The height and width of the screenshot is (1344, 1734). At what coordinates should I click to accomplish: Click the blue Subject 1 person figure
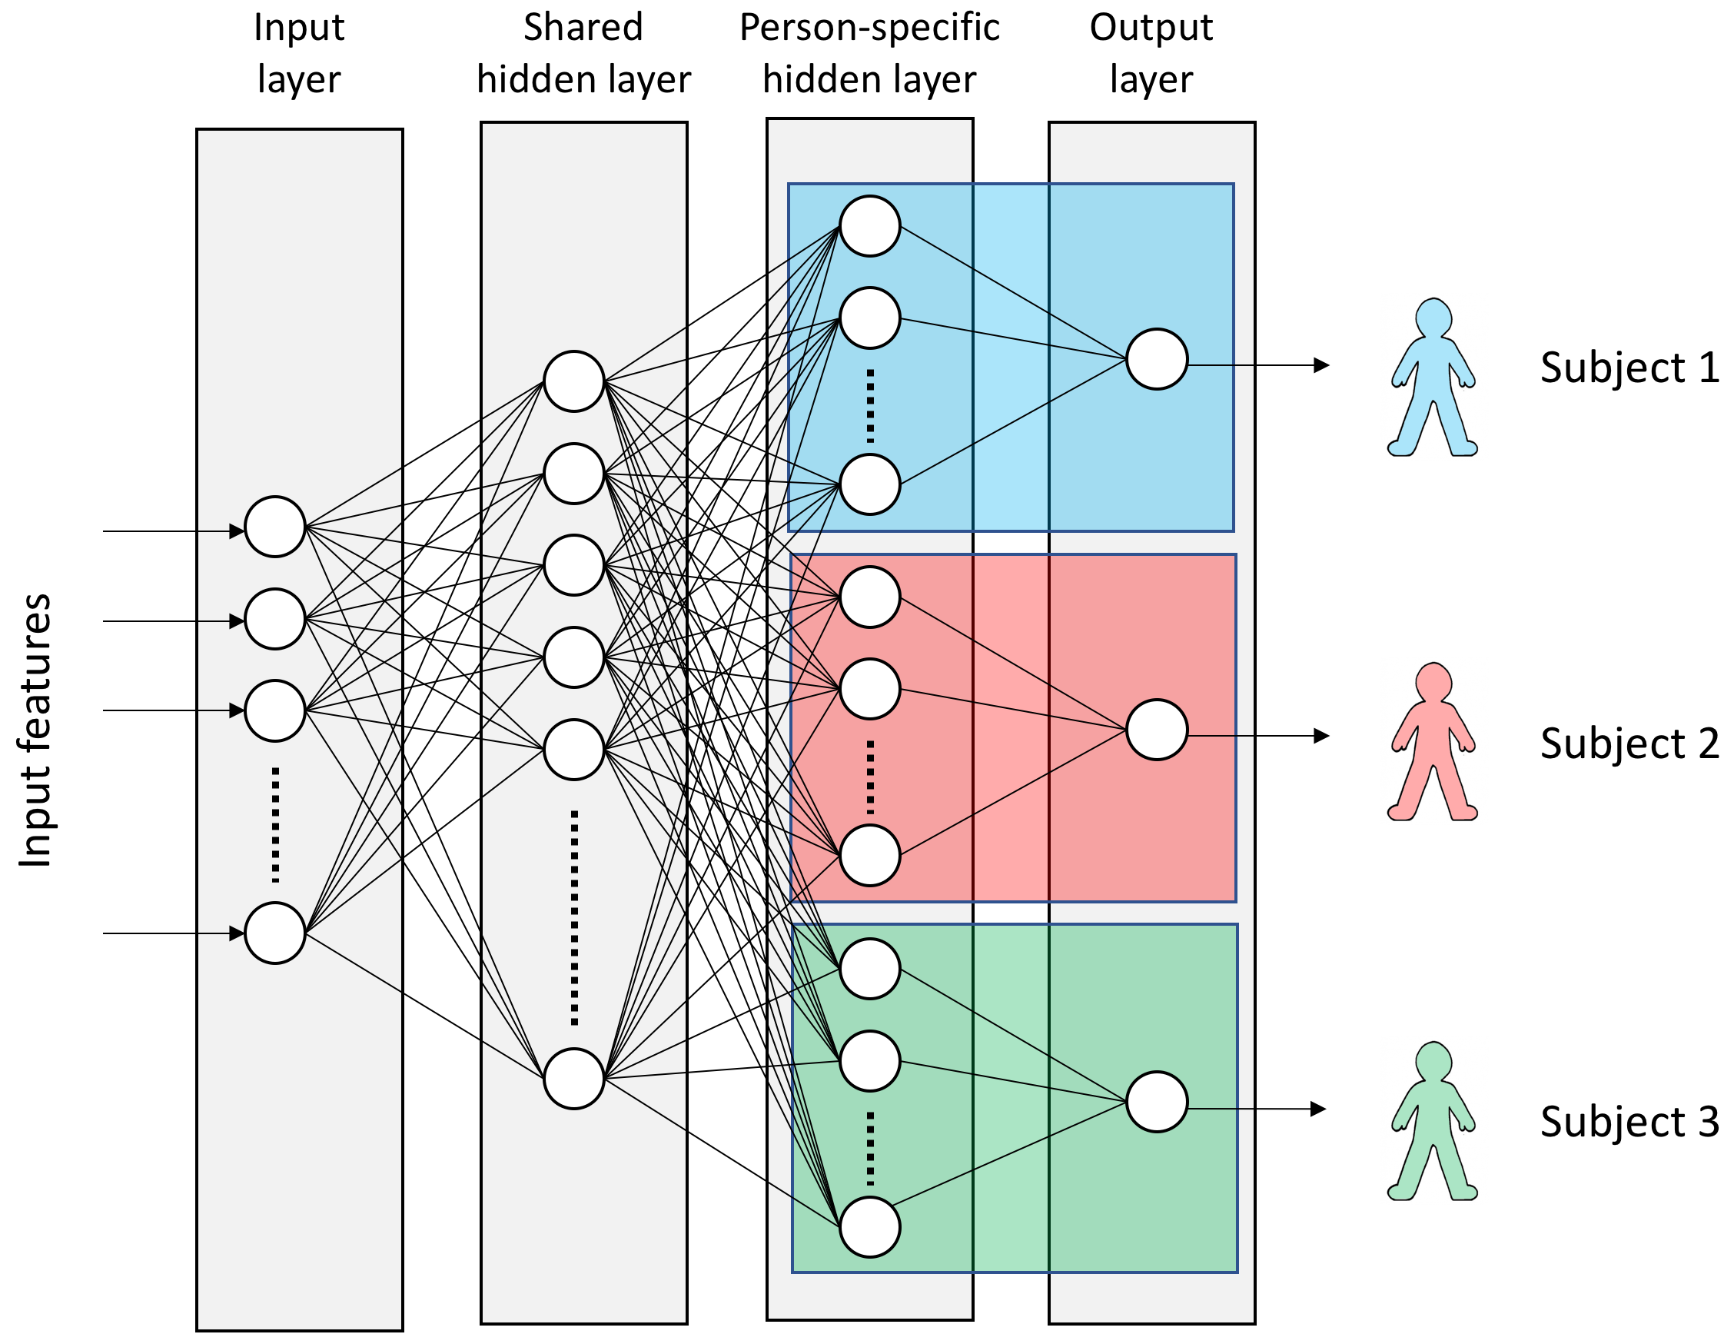coord(1431,378)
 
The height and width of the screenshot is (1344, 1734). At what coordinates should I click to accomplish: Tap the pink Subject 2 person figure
coord(1431,743)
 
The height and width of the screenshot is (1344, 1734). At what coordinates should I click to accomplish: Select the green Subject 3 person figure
coord(1431,1122)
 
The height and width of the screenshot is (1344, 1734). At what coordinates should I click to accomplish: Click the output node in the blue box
coord(1157,359)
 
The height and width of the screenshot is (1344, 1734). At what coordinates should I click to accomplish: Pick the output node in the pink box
coord(1157,730)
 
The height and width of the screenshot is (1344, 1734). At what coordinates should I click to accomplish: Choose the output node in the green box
coord(1157,1102)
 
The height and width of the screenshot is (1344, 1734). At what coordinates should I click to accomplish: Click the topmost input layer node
coord(274,527)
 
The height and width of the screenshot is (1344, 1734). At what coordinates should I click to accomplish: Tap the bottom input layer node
coord(274,933)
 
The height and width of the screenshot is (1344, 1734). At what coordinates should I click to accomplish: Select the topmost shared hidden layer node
coord(574,381)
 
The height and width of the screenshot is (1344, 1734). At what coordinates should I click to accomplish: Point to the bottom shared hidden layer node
coord(574,1078)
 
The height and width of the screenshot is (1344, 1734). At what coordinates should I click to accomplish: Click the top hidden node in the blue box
coord(869,226)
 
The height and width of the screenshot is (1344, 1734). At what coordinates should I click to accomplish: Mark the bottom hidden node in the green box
coord(869,1226)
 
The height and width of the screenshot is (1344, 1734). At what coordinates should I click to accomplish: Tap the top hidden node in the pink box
coord(869,597)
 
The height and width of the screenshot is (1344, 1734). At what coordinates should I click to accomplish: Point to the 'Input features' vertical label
coord(35,730)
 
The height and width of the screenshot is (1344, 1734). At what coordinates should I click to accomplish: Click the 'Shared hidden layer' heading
coord(583,53)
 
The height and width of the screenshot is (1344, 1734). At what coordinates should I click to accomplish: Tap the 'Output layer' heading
coord(1151,53)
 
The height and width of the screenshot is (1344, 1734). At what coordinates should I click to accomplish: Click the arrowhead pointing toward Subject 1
coord(1321,365)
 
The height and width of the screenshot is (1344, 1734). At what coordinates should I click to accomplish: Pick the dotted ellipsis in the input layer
coord(274,824)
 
